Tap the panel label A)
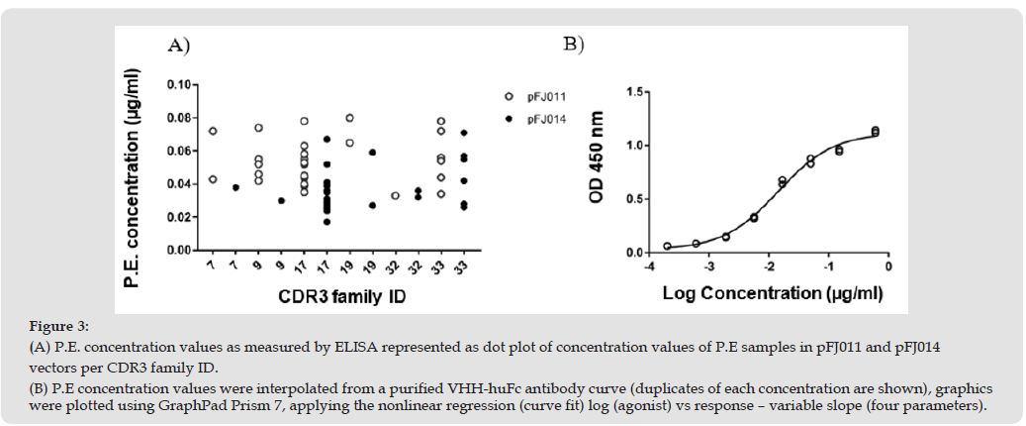[x=178, y=45]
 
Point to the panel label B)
[x=574, y=45]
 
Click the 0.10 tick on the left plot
[x=178, y=85]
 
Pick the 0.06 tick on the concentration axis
[x=178, y=152]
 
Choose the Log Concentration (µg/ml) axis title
[x=772, y=293]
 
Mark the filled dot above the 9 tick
[x=281, y=200]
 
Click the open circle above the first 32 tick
[x=395, y=195]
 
